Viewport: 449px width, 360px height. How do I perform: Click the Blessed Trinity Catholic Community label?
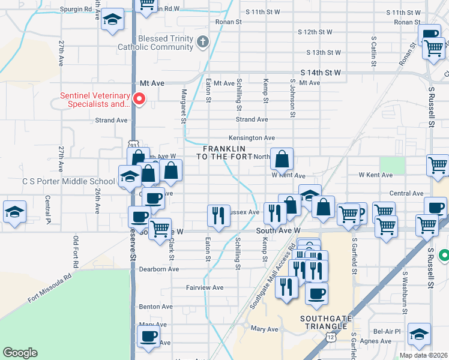point(157,43)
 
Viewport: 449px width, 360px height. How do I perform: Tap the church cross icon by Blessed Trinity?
point(203,42)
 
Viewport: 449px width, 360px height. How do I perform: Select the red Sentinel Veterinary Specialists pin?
point(139,98)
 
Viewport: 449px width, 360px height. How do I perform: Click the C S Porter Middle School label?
point(68,181)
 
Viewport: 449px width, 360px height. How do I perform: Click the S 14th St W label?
point(321,73)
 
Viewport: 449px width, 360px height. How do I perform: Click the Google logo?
point(20,353)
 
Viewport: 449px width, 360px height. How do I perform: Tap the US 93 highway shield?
point(133,145)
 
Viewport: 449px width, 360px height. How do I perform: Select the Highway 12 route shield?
point(331,338)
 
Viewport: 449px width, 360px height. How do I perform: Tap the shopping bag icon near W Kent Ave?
point(282,159)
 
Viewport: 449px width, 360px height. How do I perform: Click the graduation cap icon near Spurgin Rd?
point(112,19)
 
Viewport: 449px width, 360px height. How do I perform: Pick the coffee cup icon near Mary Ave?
point(148,336)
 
